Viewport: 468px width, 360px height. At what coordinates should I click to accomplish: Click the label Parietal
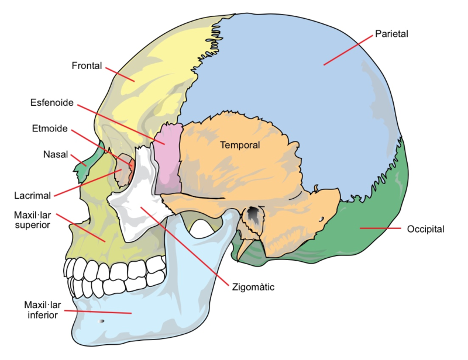pos(393,34)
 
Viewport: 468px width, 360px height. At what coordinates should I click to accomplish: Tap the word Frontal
pos(87,64)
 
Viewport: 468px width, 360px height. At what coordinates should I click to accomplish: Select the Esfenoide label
pos(52,103)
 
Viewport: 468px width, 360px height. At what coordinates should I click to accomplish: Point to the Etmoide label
pos(50,129)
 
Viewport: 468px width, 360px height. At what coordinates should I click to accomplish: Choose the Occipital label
pos(425,229)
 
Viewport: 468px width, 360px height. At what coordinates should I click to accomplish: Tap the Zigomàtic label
pos(253,287)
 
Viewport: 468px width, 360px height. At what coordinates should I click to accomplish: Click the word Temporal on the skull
pos(240,145)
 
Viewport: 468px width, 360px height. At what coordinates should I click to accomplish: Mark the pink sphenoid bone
pos(168,158)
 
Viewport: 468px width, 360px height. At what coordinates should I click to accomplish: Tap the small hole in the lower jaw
pos(102,321)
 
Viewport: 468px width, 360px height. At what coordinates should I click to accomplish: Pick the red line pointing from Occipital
pos(380,228)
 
